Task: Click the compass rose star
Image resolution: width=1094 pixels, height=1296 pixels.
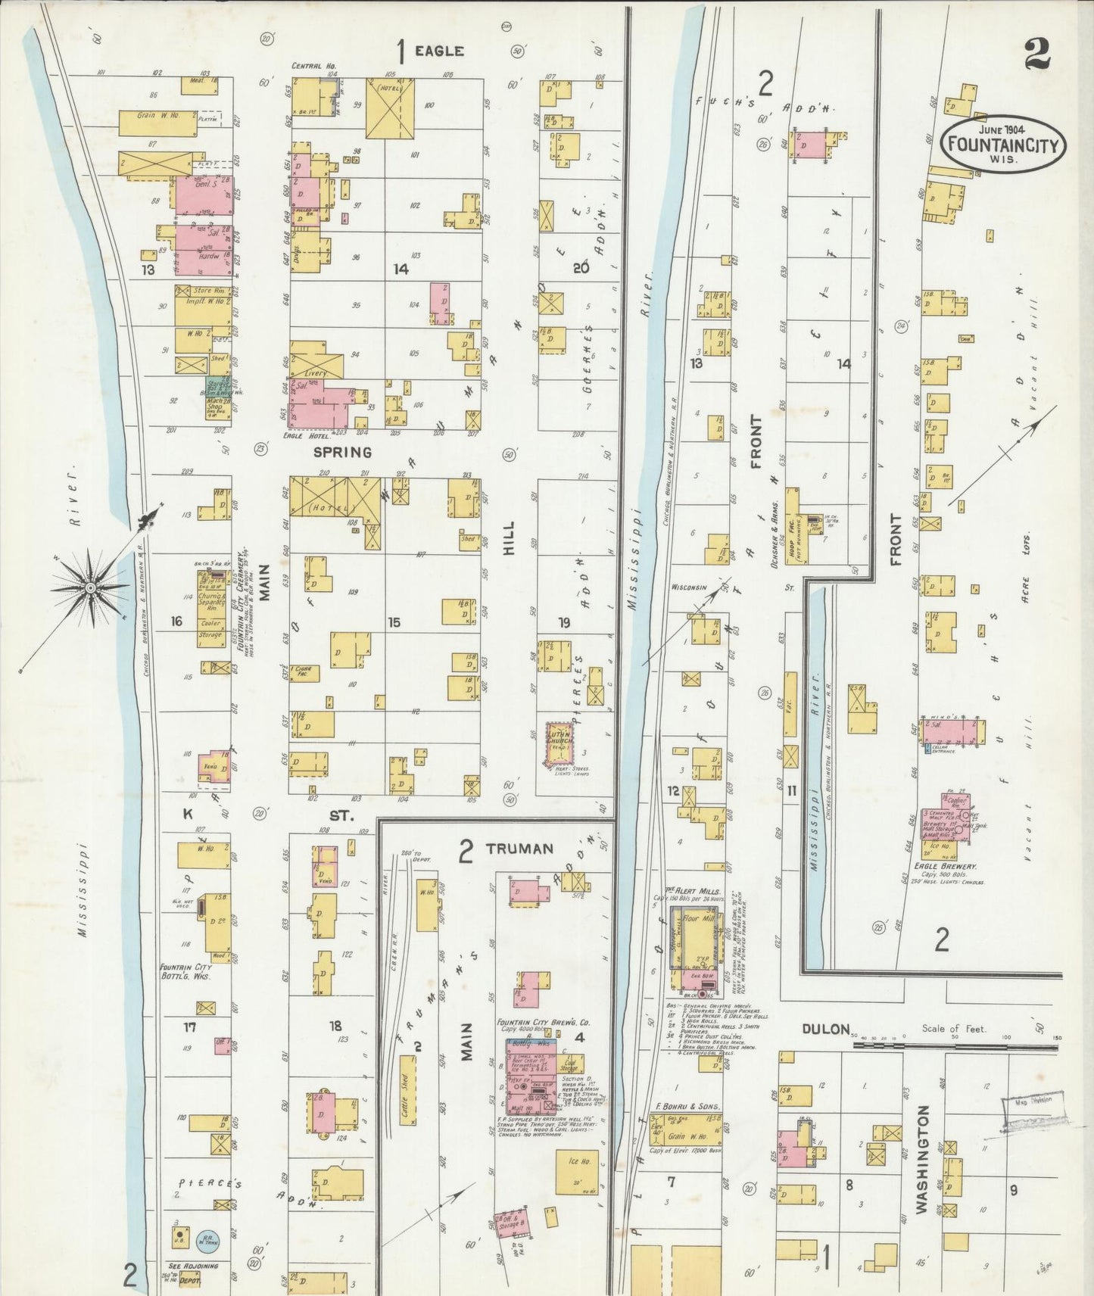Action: pyautogui.click(x=90, y=587)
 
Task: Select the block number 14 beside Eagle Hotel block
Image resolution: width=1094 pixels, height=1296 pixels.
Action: pyautogui.click(x=401, y=268)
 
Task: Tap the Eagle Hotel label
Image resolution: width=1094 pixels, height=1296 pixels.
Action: pyautogui.click(x=311, y=436)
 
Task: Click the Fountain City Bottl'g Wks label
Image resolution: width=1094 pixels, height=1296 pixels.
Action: pyautogui.click(x=185, y=971)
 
